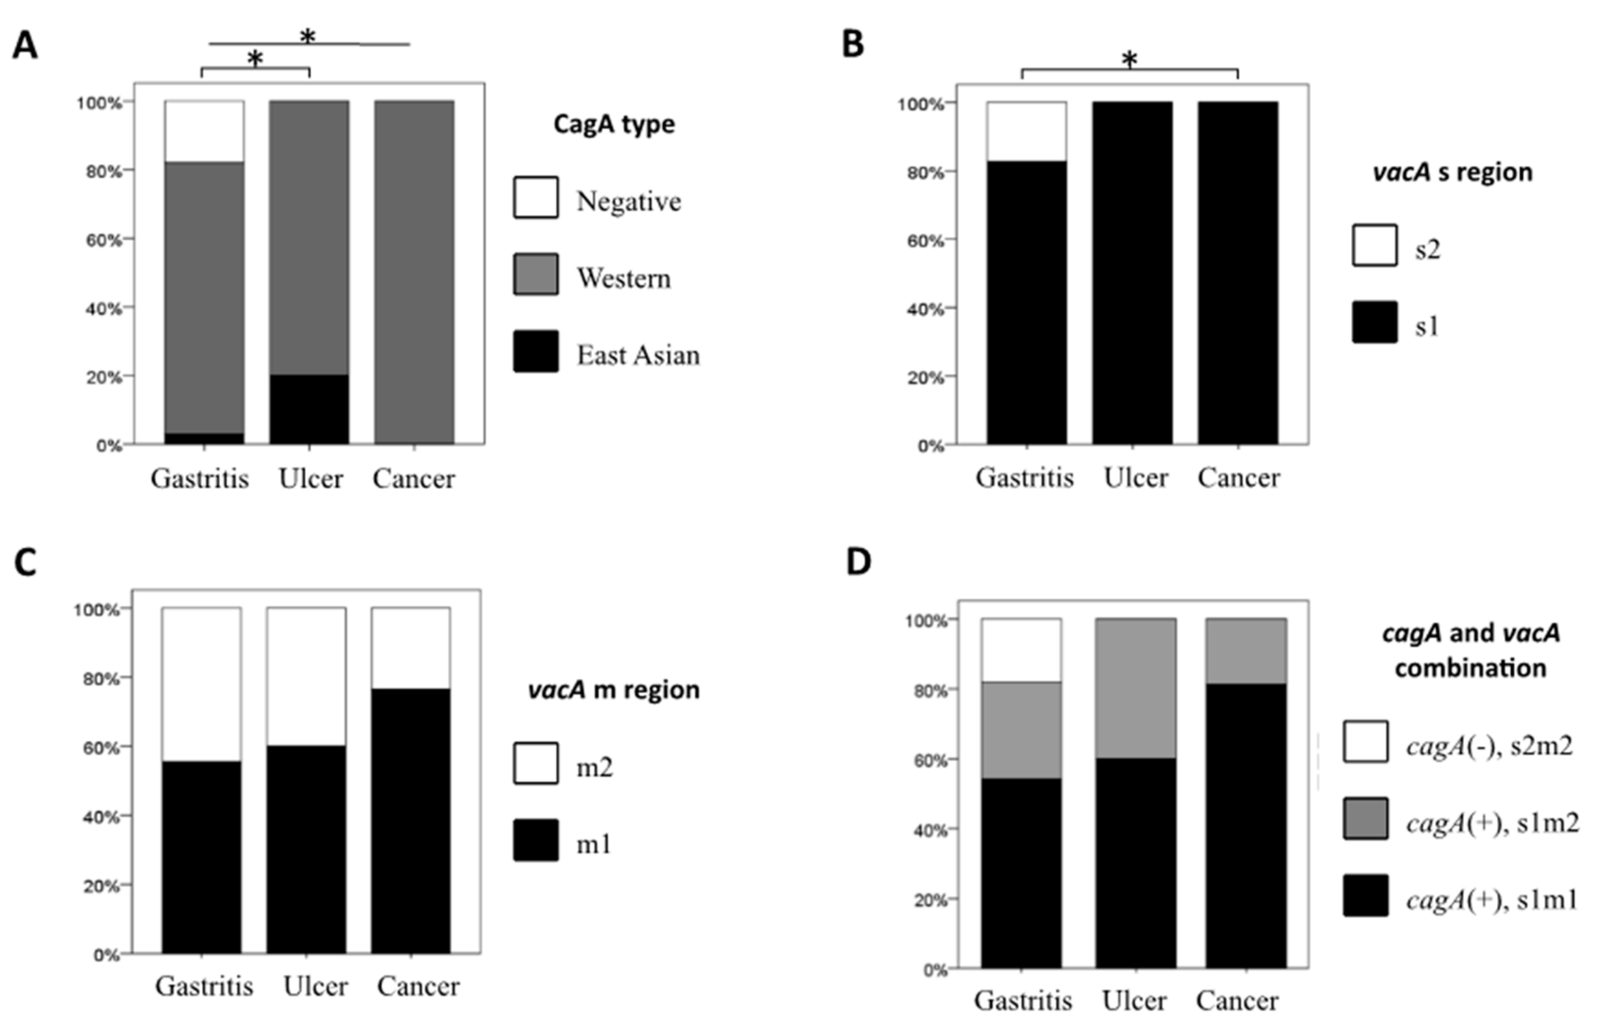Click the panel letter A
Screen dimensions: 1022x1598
pyautogui.click(x=25, y=47)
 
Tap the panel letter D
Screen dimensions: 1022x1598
pyautogui.click(x=859, y=562)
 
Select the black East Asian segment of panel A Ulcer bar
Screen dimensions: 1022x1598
pyautogui.click(x=309, y=409)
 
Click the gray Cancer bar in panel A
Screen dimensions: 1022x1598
pyautogui.click(x=414, y=272)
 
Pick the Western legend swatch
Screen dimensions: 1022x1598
pyautogui.click(x=536, y=274)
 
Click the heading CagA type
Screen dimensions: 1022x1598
pyautogui.click(x=614, y=124)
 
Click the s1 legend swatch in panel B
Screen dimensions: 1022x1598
pyautogui.click(x=1374, y=323)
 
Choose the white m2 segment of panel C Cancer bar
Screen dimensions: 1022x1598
pyautogui.click(x=411, y=647)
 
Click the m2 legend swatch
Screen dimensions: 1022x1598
pyautogui.click(x=536, y=764)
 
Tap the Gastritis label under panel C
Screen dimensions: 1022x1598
pyautogui.click(x=204, y=986)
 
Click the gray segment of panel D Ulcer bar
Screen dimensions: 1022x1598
pyautogui.click(x=1136, y=689)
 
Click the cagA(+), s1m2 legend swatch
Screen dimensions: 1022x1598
pyautogui.click(x=1365, y=819)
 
